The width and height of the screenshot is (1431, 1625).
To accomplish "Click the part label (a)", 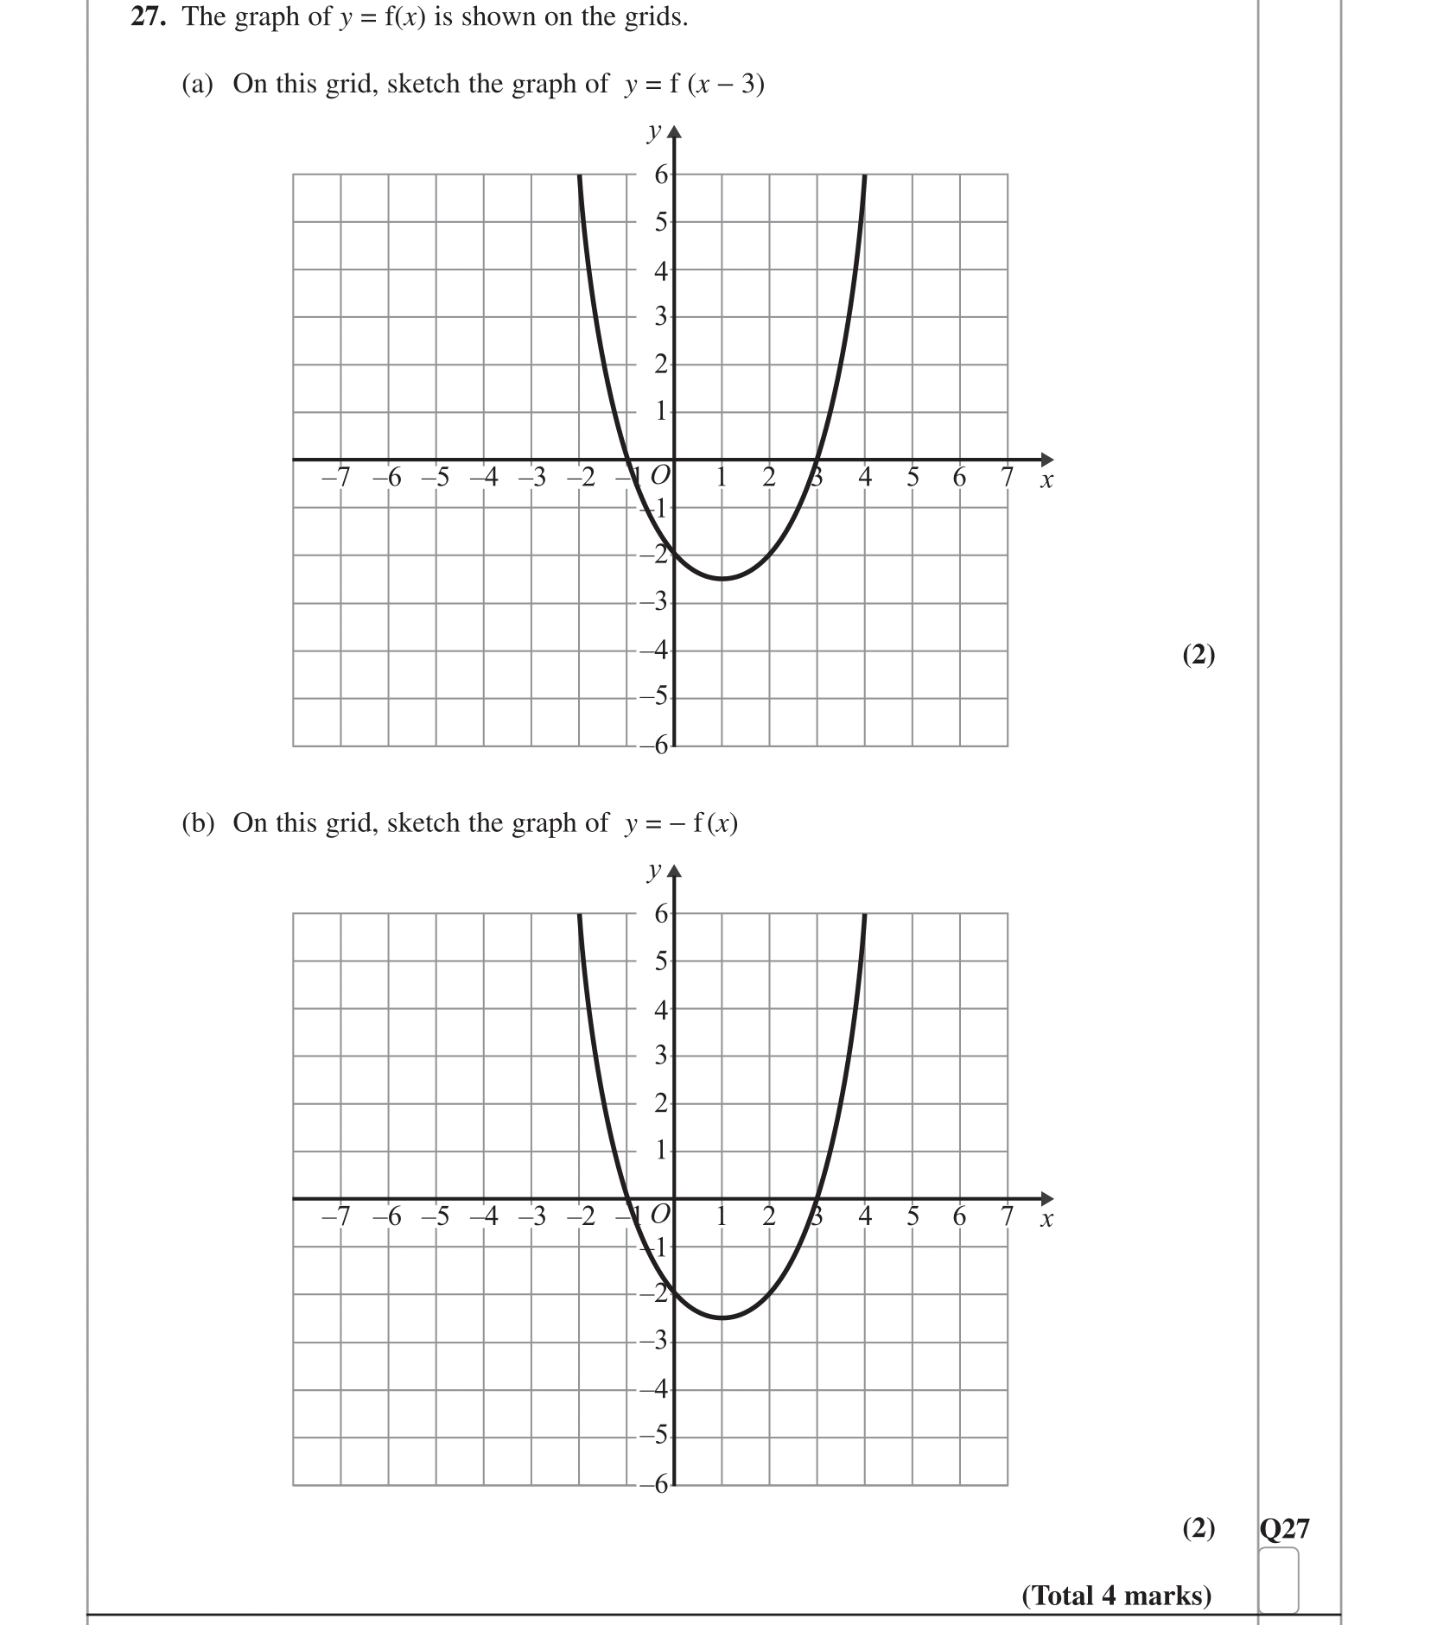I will coord(197,84).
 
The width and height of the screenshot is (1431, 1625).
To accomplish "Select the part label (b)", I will coord(197,823).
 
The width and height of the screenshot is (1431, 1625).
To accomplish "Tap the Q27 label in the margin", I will coord(1284,1528).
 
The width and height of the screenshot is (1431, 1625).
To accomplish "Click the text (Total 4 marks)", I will coord(1116,1595).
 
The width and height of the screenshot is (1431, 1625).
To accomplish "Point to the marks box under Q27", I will coord(1278,1579).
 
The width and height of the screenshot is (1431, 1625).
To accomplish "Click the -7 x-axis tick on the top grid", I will coord(335,477).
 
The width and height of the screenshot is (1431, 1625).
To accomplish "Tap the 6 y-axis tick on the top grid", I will coord(661,175).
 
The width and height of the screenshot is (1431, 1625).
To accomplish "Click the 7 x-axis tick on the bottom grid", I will coord(1007,1216).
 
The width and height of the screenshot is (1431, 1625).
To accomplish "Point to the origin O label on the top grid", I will coord(659,475).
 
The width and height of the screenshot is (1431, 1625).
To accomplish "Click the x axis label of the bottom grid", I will coord(1046,1220).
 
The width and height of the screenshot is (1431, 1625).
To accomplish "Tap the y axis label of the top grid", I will coord(654,132).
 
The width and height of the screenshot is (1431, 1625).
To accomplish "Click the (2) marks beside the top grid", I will coord(1198,655).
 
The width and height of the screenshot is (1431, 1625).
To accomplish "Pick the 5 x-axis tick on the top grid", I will coord(913,477).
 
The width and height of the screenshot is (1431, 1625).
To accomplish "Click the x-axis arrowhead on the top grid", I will coord(1047,459).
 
